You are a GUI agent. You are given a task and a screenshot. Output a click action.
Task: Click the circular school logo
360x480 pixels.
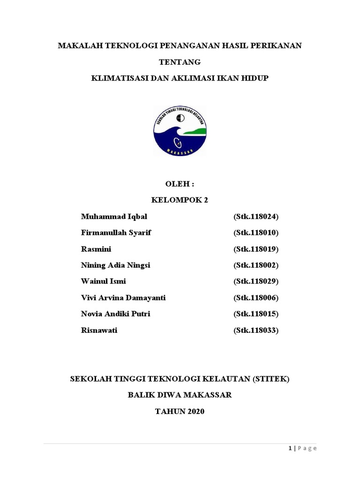180,130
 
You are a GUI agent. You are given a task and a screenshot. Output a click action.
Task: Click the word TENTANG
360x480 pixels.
180,61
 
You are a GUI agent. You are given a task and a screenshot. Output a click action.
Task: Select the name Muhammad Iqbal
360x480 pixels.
114,217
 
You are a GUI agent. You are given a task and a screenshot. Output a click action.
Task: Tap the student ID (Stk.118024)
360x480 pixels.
256,217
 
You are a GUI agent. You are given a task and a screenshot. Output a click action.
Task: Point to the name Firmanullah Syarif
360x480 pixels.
116,233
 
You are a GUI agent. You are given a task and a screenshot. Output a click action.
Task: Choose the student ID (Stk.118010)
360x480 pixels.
256,233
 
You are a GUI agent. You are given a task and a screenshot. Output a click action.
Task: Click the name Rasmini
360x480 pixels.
96,249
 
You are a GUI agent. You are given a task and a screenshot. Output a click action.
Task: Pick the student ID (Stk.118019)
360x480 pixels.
256,249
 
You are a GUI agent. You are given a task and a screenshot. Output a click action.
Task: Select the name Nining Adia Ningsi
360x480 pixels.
116,265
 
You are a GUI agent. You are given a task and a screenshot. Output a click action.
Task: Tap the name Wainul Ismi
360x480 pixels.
104,281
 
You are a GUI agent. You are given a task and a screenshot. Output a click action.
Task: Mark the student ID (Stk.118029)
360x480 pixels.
256,281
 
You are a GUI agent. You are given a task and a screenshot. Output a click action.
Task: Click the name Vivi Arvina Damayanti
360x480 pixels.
123,298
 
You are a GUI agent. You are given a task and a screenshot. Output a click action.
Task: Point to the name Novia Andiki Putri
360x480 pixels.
116,314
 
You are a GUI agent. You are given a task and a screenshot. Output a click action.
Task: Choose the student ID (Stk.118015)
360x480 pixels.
256,314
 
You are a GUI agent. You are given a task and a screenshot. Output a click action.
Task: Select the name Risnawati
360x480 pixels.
99,330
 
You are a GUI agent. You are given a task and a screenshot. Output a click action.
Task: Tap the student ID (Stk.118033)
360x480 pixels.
256,330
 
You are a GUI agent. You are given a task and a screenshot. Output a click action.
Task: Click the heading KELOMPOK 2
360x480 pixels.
180,200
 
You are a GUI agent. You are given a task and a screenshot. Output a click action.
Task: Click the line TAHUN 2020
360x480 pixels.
180,411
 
